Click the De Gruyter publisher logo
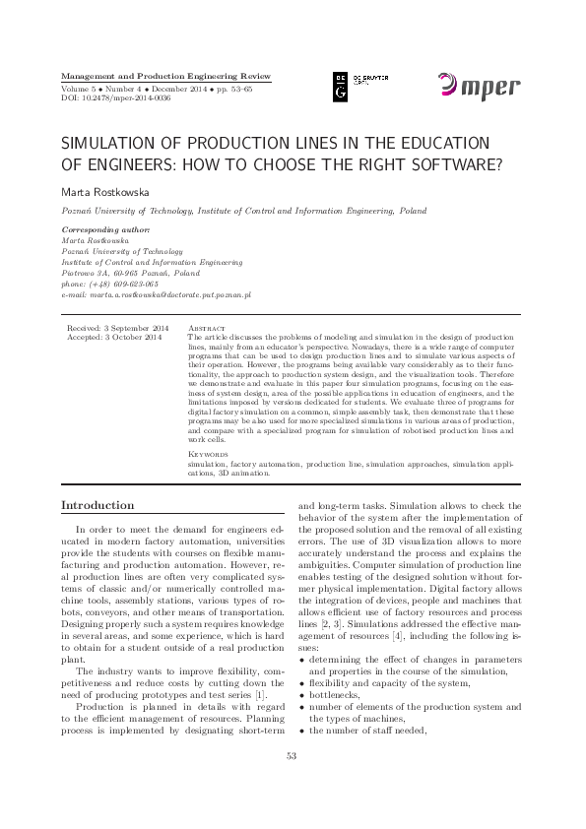coord(354,88)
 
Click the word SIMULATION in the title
coord(113,143)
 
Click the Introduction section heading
coord(98,505)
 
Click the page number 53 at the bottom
coord(292,783)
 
